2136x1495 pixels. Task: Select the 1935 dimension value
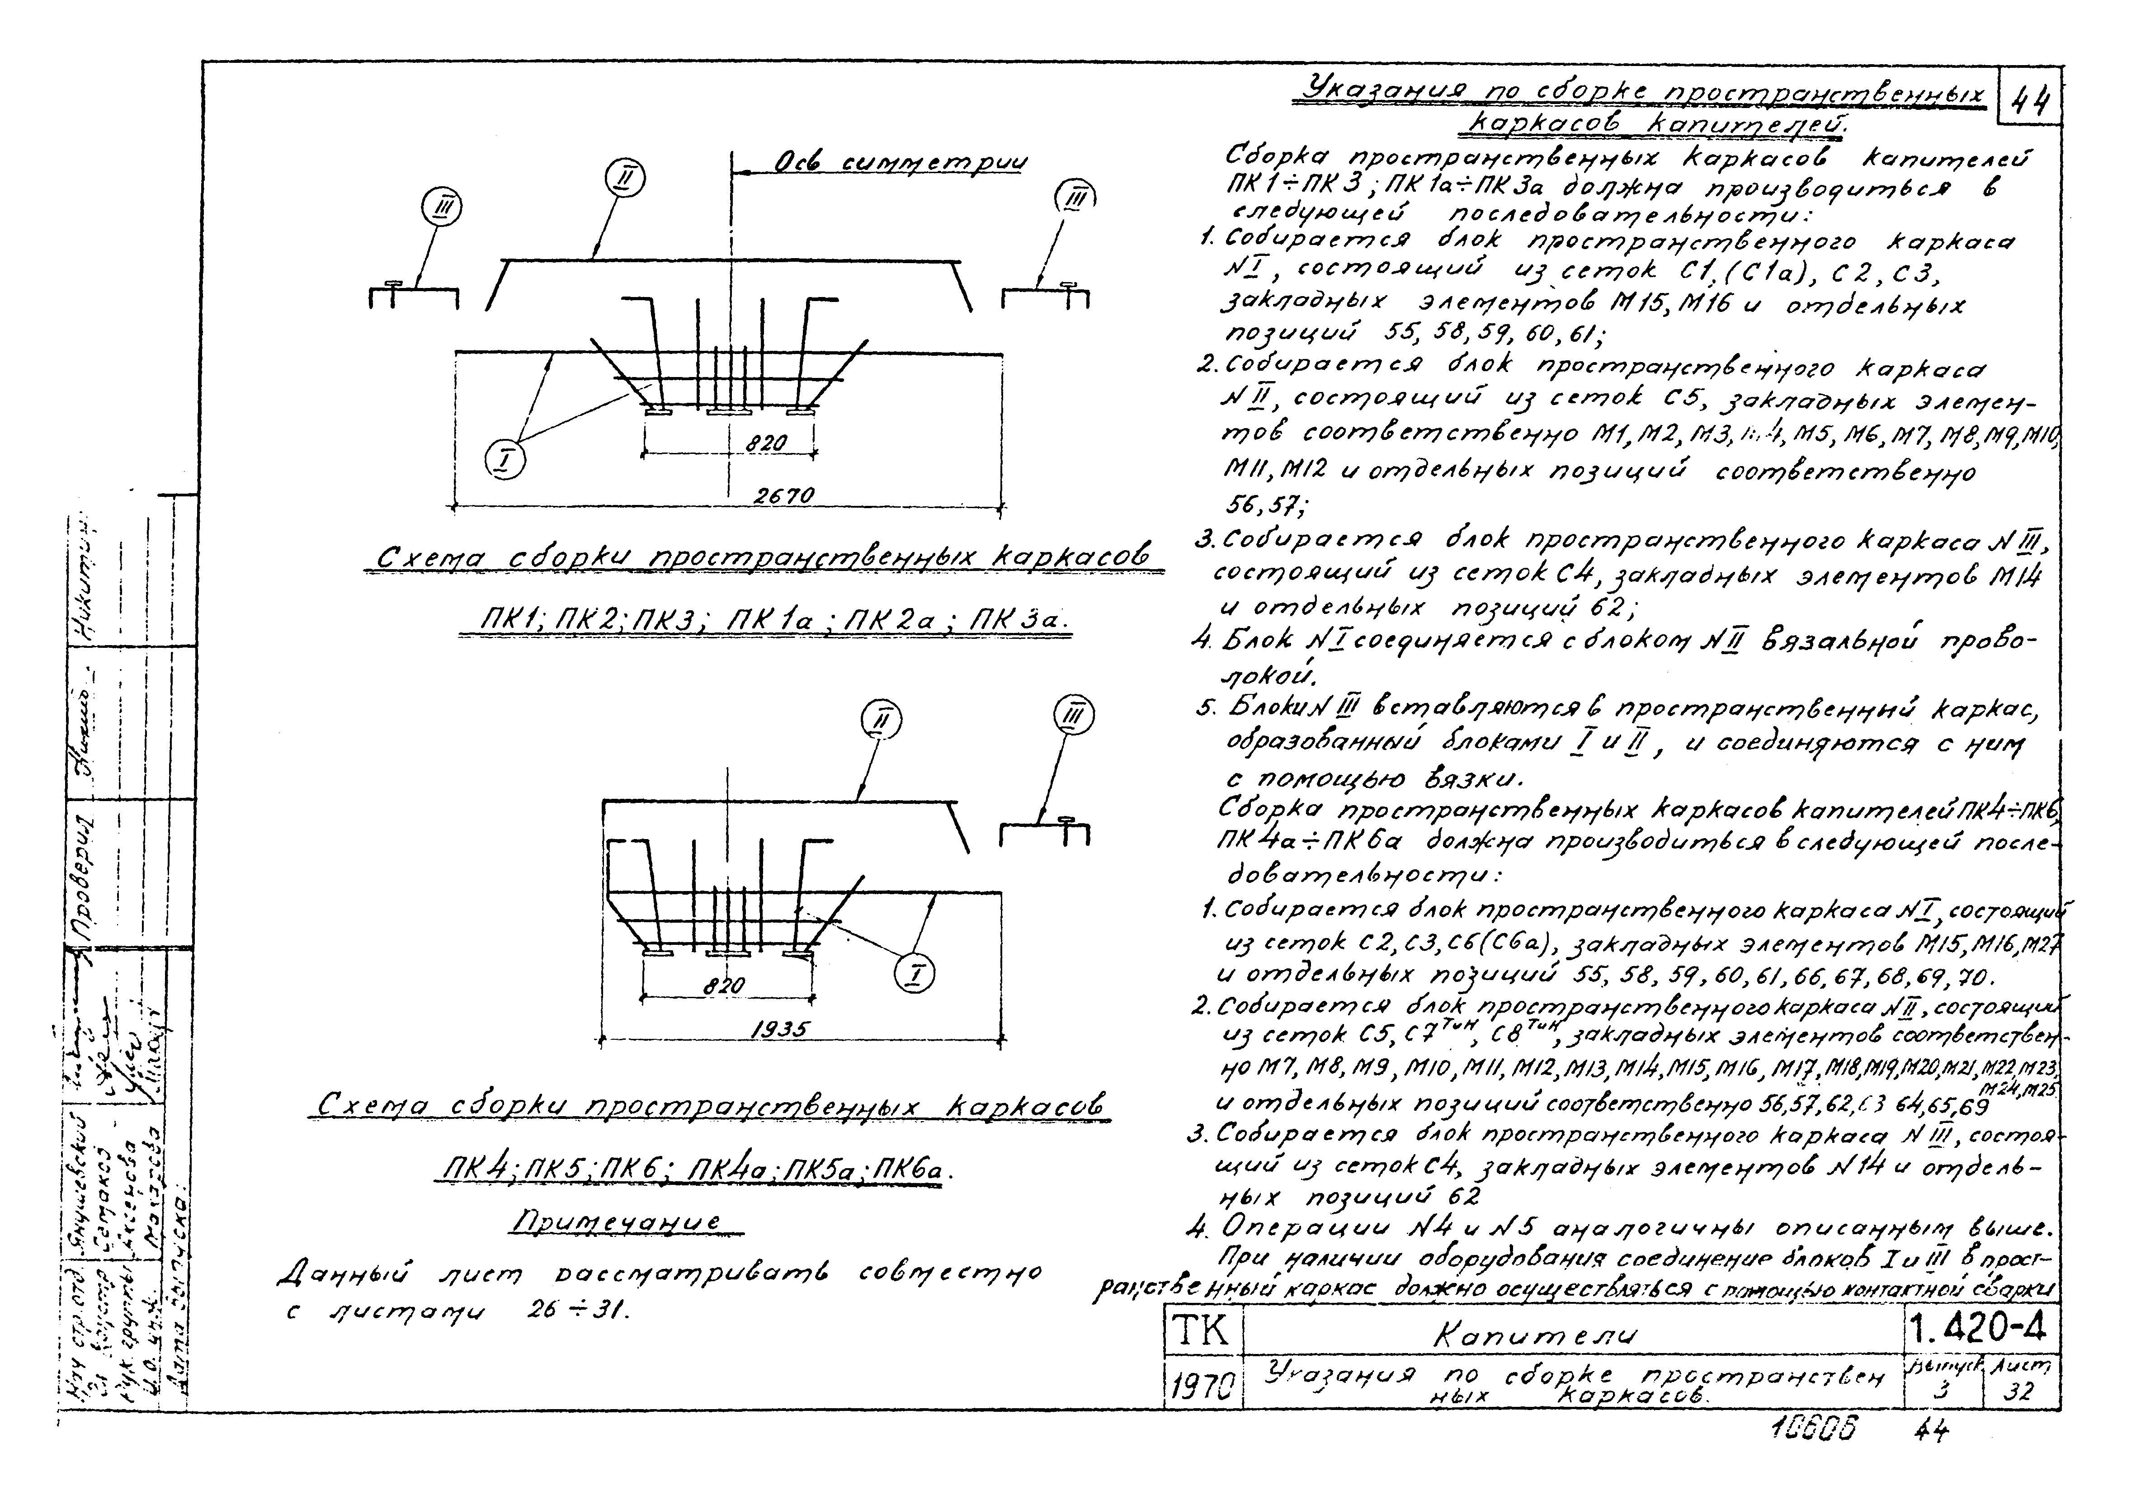(x=780, y=1029)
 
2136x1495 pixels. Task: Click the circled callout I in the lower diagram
(x=914, y=974)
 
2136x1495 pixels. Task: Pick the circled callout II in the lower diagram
(x=881, y=720)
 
